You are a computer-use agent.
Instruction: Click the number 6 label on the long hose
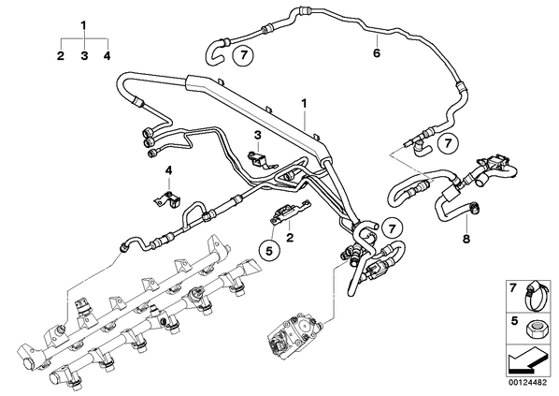(377, 53)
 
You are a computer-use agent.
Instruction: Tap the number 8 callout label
(466, 239)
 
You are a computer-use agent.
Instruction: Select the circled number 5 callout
(269, 251)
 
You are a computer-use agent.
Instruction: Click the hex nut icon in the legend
(535, 329)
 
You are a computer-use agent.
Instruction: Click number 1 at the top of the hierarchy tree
(84, 26)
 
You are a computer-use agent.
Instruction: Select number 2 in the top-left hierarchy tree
(61, 56)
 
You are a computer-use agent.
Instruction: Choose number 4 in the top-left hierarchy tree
(107, 56)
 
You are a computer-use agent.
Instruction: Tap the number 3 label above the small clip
(258, 136)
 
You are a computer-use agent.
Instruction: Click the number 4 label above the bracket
(168, 170)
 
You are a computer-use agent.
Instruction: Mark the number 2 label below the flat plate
(290, 237)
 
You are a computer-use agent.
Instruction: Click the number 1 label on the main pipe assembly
(304, 104)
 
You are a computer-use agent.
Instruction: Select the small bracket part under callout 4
(168, 201)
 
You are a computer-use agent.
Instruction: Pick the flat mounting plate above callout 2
(290, 212)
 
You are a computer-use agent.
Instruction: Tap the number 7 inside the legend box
(512, 288)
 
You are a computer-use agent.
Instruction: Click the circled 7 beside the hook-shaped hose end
(243, 56)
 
